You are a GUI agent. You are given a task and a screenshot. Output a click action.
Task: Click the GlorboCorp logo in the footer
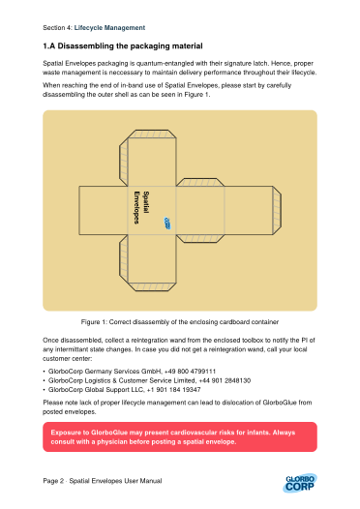click(x=300, y=483)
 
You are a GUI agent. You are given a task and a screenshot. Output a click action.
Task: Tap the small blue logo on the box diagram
click(x=167, y=223)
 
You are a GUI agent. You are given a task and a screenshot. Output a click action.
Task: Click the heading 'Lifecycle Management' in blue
click(x=109, y=28)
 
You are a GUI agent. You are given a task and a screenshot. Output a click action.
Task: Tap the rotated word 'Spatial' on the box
click(x=146, y=202)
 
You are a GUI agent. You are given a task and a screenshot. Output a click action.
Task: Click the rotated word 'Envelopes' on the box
click(x=137, y=207)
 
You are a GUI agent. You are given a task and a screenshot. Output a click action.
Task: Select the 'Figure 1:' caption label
click(x=94, y=322)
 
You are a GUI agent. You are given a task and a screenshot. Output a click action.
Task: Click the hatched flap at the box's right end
click(x=277, y=210)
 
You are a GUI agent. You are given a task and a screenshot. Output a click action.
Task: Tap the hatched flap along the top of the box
click(x=152, y=135)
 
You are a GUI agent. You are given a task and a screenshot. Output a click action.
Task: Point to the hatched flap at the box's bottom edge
click(x=152, y=286)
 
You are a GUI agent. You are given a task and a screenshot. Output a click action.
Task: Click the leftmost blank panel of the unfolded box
click(x=104, y=210)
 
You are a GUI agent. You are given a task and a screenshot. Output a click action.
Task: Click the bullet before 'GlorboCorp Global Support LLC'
click(x=45, y=390)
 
